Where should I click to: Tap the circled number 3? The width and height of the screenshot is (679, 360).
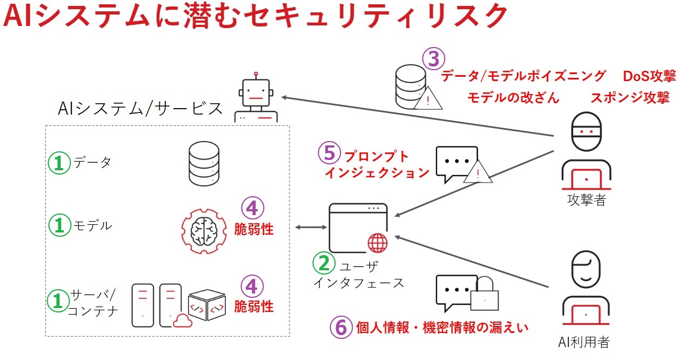click(x=434, y=59)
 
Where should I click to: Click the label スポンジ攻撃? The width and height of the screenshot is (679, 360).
click(x=630, y=98)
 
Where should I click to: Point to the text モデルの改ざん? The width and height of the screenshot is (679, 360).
click(x=513, y=98)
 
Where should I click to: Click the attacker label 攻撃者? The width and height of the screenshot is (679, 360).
click(x=586, y=200)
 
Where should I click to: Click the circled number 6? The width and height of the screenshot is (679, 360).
click(x=341, y=327)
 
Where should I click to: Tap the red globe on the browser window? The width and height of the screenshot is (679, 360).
click(x=378, y=243)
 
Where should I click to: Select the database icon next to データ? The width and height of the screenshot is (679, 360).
click(x=204, y=162)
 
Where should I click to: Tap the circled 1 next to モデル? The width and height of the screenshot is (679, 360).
click(x=59, y=226)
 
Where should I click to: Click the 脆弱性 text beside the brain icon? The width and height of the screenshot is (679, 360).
click(x=254, y=229)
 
